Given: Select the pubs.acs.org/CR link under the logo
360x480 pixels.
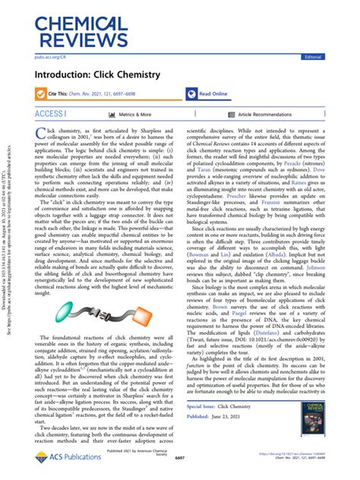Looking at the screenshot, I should coord(51,56).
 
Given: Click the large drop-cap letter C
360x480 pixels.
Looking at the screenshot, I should coord(42,136).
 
